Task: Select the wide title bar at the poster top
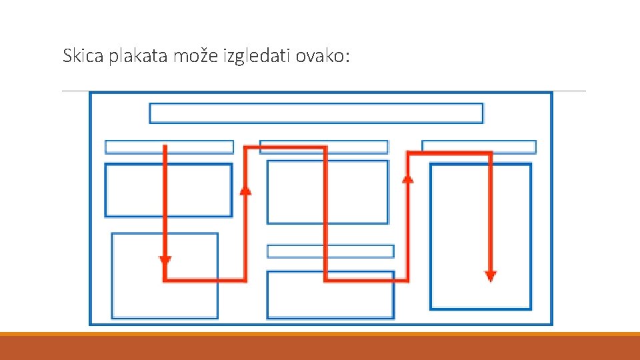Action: [x=316, y=113]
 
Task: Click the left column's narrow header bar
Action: [x=133, y=147]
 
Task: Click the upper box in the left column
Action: [x=133, y=190]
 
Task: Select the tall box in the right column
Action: [x=460, y=237]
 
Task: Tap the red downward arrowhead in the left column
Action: [x=165, y=259]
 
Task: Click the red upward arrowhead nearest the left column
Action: [x=245, y=191]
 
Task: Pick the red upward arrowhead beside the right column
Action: [x=408, y=178]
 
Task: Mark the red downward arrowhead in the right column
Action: [x=491, y=275]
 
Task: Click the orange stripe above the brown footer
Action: [x=320, y=334]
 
